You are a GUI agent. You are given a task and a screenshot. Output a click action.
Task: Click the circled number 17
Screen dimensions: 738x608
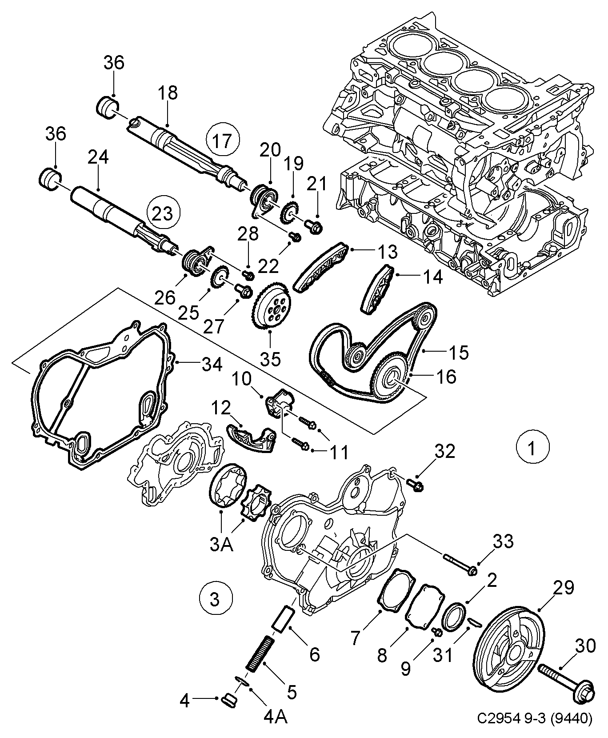click(x=222, y=141)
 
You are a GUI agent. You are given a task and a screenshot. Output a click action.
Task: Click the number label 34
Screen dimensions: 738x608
click(x=212, y=365)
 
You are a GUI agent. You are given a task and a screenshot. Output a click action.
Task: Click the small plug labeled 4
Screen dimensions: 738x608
click(x=230, y=702)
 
